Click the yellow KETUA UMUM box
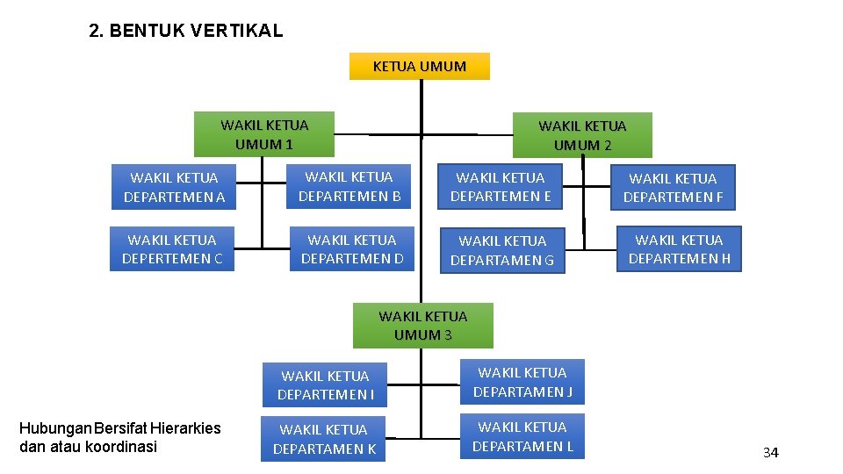419,67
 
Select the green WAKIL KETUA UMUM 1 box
264,134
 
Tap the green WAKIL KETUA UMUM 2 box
582,135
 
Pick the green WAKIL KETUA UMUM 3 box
422,325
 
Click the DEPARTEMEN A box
174,187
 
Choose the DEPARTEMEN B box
349,186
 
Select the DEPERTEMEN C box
172,248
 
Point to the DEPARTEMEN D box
352,248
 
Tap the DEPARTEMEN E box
501,186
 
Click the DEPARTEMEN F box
674,188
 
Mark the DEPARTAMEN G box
502,249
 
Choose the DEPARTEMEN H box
679,248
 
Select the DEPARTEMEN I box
325,384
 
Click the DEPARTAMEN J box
522,382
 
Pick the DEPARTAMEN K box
324,439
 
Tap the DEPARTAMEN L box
522,436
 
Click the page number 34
770,453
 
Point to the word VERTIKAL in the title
236,32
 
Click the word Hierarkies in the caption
185,428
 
